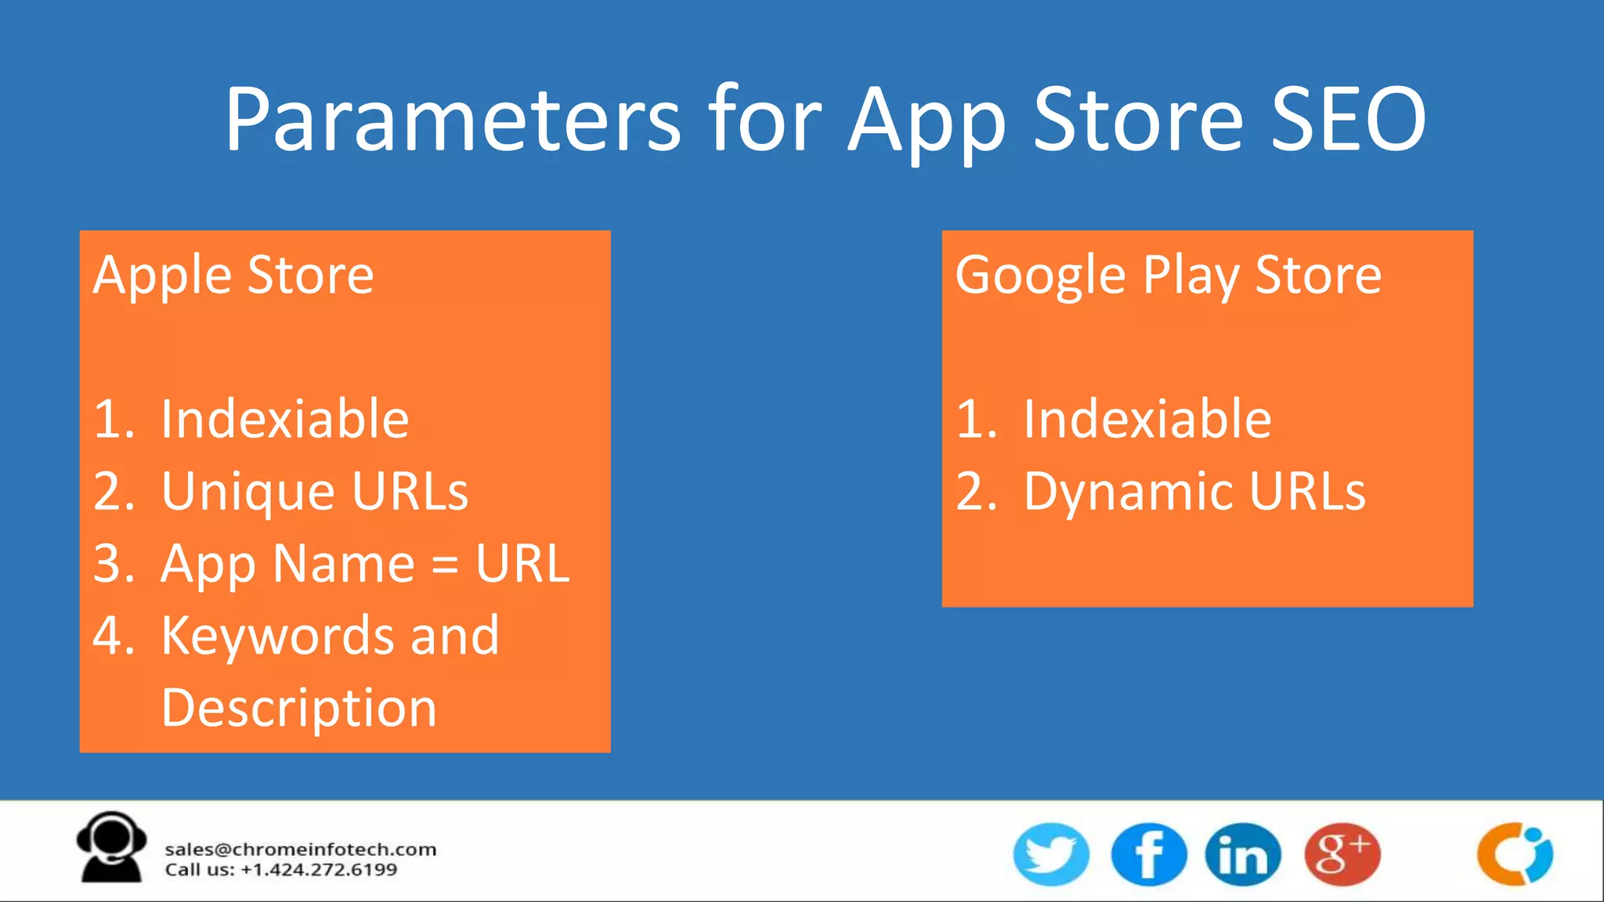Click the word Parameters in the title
tap(453, 119)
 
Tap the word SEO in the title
tap(1347, 119)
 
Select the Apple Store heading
tap(233, 276)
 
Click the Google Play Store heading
tap(1168, 276)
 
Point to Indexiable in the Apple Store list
tap(284, 419)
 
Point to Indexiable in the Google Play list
tap(1147, 419)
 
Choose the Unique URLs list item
tap(314, 492)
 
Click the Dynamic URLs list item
tap(1194, 492)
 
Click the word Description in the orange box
tap(298, 708)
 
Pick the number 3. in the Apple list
tap(114, 564)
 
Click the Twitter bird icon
tap(1051, 854)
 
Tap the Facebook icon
tap(1148, 854)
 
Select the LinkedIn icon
tap(1243, 854)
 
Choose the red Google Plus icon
tap(1342, 854)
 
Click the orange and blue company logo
tap(1515, 854)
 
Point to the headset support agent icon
tap(111, 847)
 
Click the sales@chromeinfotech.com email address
tap(300, 850)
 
